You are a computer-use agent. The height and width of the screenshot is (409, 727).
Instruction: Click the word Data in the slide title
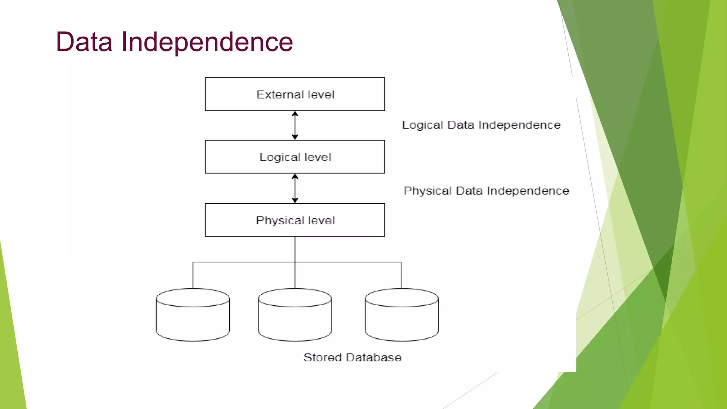[x=84, y=42]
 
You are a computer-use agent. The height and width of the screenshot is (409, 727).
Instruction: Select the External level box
[x=295, y=94]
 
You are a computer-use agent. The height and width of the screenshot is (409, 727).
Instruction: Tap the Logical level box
[x=295, y=157]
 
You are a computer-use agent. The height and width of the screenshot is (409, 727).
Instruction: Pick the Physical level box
[x=295, y=220]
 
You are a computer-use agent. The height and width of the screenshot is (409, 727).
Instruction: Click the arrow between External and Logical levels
[x=295, y=125]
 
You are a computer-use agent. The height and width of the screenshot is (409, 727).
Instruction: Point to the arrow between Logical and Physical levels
[x=295, y=189]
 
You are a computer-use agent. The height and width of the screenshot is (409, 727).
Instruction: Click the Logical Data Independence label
[x=481, y=125]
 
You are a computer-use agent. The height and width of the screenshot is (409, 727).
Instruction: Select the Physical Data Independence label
[x=486, y=191]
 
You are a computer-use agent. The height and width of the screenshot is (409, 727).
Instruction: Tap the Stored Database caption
[x=352, y=357]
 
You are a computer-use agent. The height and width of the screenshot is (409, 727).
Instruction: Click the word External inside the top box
[x=280, y=94]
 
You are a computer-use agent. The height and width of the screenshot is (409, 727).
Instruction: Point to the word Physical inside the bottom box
[x=280, y=220]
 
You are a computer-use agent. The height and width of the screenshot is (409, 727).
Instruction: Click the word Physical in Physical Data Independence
[x=427, y=191]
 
